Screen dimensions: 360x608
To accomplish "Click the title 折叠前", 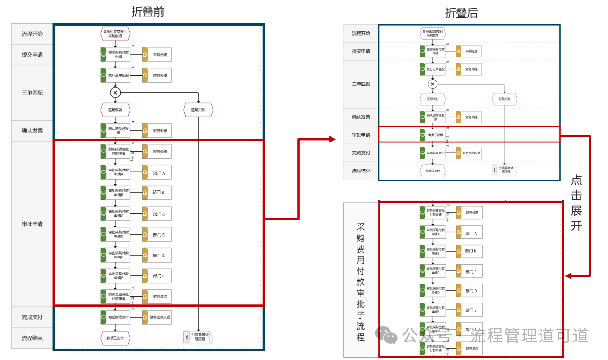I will click(x=148, y=12).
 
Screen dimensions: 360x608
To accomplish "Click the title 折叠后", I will click(x=461, y=13).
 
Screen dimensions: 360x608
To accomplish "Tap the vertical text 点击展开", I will click(x=576, y=203).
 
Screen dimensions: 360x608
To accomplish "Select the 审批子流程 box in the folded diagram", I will click(x=432, y=135).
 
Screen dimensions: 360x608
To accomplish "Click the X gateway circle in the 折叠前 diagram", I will click(x=115, y=92).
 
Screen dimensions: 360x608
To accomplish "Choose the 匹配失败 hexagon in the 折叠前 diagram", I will click(x=199, y=110).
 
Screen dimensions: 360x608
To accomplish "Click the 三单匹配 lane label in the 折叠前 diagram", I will click(x=32, y=93).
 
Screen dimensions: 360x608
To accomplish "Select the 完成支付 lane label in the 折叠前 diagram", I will click(x=32, y=317).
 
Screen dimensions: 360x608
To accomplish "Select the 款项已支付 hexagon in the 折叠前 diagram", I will click(x=115, y=338).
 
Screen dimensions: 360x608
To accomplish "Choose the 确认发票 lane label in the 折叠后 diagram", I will click(x=361, y=117).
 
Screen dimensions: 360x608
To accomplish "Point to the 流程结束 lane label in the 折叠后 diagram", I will click(x=361, y=171).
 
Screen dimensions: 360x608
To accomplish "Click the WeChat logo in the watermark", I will click(x=387, y=335).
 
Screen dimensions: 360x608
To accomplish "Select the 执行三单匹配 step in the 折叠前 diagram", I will click(x=115, y=75).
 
